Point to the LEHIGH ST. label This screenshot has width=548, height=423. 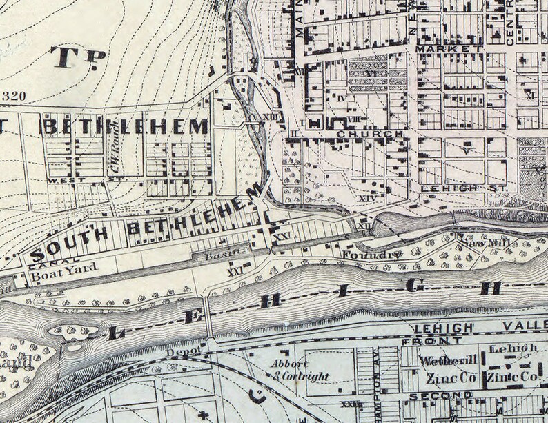pos(464,188)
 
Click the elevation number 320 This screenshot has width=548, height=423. pos(15,95)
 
